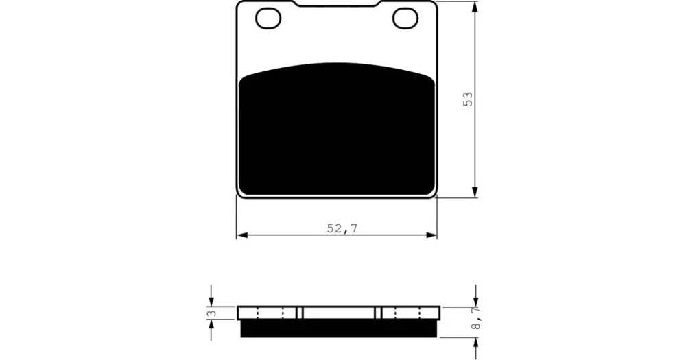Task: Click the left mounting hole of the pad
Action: (268, 19)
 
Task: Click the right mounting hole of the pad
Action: (405, 19)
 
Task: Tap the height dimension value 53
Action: (468, 99)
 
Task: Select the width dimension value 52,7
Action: (342, 228)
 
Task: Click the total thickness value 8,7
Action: (477, 318)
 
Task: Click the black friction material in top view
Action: (337, 129)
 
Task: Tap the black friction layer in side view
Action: (339, 328)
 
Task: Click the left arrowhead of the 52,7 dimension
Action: (242, 235)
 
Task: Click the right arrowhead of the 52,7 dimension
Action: (431, 235)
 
